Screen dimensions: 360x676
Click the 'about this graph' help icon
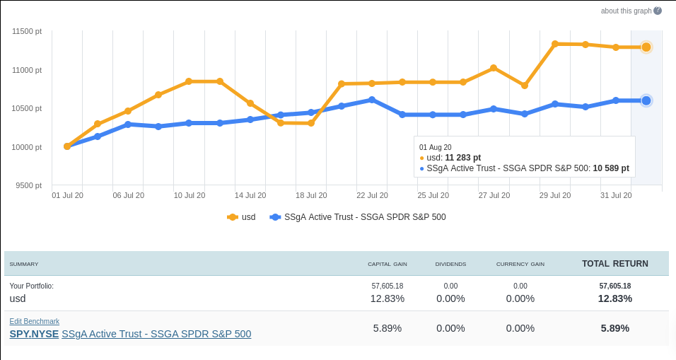[658, 11]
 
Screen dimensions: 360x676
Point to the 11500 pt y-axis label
[28, 31]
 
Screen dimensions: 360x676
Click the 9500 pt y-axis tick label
[29, 185]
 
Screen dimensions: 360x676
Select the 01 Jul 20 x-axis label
[67, 195]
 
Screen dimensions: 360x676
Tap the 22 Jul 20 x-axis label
[372, 195]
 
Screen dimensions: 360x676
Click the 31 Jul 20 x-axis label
[616, 195]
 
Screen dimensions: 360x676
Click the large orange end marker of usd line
[646, 47]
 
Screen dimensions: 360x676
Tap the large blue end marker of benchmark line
[646, 100]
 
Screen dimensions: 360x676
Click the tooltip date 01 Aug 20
[436, 147]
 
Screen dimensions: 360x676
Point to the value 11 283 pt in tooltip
[463, 158]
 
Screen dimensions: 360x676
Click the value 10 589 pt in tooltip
[611, 168]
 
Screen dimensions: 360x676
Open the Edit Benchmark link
[34, 321]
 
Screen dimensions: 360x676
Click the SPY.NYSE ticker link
[34, 334]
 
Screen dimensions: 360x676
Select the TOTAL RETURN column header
[614, 264]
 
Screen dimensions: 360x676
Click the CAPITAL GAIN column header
[387, 265]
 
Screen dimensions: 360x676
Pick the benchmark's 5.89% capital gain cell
[387, 328]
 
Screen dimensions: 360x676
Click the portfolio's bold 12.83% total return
[614, 298]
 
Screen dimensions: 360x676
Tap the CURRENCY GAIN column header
[520, 265]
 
